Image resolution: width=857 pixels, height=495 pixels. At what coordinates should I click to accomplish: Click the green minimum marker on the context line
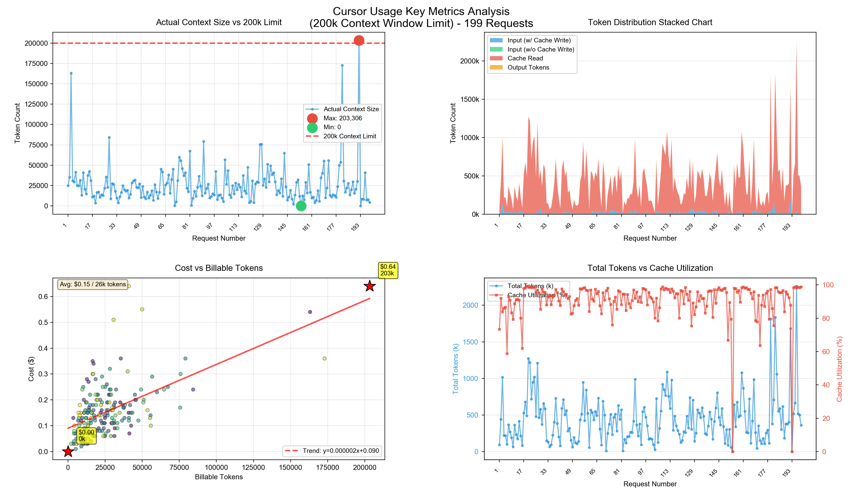301,206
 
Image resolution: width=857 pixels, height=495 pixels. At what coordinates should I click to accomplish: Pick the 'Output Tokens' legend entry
528,67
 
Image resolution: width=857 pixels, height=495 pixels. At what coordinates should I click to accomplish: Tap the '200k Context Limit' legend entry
350,136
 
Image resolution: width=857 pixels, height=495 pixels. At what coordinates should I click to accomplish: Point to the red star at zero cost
68,452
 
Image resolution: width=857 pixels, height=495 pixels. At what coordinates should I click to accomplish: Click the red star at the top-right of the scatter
370,286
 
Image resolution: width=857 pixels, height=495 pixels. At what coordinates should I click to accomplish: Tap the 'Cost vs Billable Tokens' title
219,268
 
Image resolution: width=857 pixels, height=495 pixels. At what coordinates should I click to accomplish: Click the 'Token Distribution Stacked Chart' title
650,22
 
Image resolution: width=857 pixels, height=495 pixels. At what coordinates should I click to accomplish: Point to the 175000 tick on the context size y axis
36,63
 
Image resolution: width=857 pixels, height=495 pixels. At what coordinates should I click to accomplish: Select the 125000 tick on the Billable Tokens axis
253,468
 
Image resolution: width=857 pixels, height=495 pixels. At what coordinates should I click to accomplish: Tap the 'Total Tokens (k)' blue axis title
455,369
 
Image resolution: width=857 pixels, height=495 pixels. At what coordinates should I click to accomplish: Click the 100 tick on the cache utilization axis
828,285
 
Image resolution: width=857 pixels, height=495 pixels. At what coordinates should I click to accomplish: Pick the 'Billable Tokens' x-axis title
219,477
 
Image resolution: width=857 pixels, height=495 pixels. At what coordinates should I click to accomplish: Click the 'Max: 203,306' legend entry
342,118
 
